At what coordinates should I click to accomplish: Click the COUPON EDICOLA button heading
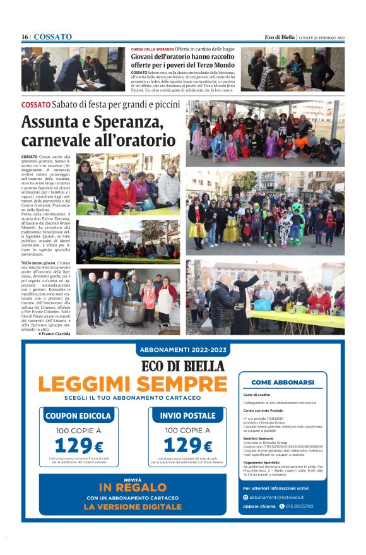pyautogui.click(x=78, y=416)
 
